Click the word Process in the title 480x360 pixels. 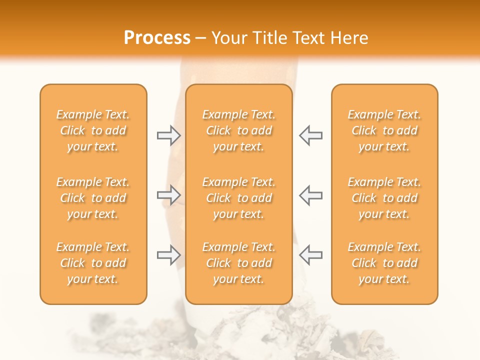pyautogui.click(x=157, y=38)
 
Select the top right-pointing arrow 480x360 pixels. pyautogui.click(x=169, y=135)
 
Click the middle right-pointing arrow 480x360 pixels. pyautogui.click(x=169, y=195)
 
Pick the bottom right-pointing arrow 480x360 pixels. pyautogui.click(x=169, y=255)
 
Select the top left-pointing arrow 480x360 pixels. pyautogui.click(x=310, y=135)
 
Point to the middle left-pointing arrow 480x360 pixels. pyautogui.click(x=310, y=195)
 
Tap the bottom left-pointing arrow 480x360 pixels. pyautogui.click(x=310, y=255)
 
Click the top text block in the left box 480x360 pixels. pyautogui.click(x=93, y=131)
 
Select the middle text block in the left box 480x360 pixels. pyautogui.click(x=93, y=198)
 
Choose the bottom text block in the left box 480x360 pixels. pyautogui.click(x=93, y=263)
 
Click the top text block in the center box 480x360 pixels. pyautogui.click(x=238, y=131)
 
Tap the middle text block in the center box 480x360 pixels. pyautogui.click(x=238, y=198)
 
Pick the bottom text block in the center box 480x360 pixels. pyautogui.click(x=238, y=263)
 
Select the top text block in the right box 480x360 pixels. pyautogui.click(x=384, y=131)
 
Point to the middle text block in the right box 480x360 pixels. pyautogui.click(x=384, y=198)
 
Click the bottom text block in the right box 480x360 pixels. pyautogui.click(x=384, y=263)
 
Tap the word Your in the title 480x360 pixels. pyautogui.click(x=228, y=38)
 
